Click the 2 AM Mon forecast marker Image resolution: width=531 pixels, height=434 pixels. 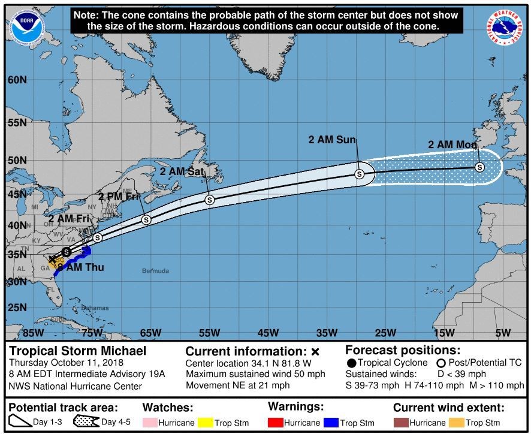pyautogui.click(x=479, y=167)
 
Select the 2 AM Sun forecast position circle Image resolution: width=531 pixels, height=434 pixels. pyautogui.click(x=359, y=174)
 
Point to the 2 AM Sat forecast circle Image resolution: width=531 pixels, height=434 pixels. pyautogui.click(x=209, y=200)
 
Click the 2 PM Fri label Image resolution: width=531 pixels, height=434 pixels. pyautogui.click(x=123, y=197)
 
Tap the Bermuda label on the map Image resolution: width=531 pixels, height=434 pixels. pyautogui.click(x=155, y=271)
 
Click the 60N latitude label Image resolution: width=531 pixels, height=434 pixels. pyautogui.click(x=17, y=80)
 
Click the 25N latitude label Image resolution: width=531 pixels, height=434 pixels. pyautogui.click(x=17, y=308)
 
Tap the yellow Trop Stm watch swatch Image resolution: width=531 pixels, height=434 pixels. pyautogui.click(x=205, y=423)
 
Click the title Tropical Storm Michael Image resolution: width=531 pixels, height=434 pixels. pyautogui.click(x=77, y=351)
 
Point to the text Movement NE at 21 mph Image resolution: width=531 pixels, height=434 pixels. pyautogui.click(x=238, y=385)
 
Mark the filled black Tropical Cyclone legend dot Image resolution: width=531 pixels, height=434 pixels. pyautogui.click(x=352, y=363)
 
